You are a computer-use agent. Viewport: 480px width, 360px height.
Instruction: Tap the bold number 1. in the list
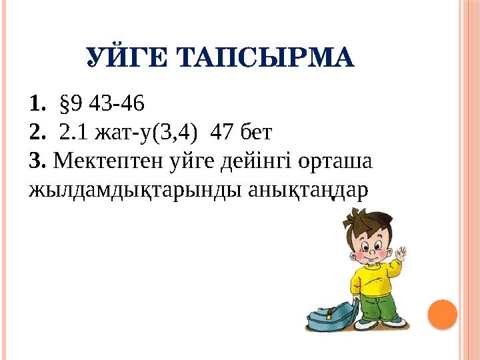tap(38, 105)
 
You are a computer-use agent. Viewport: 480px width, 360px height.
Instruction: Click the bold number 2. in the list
tap(38, 133)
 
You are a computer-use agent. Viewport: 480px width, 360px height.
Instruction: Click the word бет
tap(256, 133)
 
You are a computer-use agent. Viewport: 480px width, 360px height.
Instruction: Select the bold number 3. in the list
tap(37, 161)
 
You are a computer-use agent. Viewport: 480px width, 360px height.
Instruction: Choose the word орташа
tap(326, 161)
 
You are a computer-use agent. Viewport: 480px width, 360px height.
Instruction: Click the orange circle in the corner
tap(441, 313)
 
